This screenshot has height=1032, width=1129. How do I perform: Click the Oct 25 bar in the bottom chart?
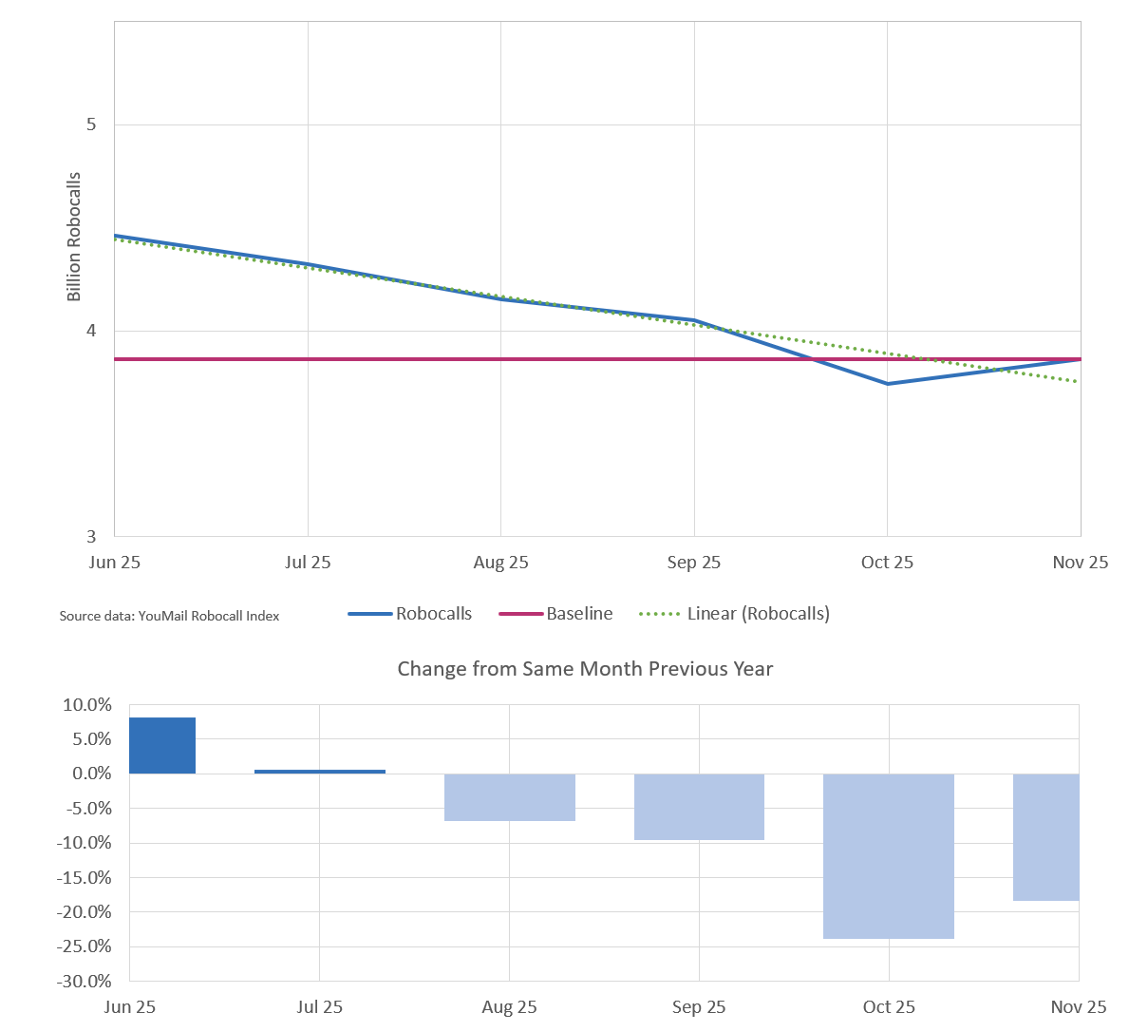pyautogui.click(x=888, y=856)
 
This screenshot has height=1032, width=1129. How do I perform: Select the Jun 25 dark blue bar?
pyautogui.click(x=162, y=746)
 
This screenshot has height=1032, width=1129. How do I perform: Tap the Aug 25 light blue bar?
pyautogui.click(x=510, y=797)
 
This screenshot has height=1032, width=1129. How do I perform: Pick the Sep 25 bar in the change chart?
pyautogui.click(x=699, y=807)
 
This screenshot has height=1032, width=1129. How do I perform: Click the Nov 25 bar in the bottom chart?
pyautogui.click(x=1045, y=837)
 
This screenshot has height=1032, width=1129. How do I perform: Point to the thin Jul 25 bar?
pyautogui.click(x=320, y=771)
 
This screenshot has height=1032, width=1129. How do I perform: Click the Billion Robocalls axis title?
pyautogui.click(x=74, y=237)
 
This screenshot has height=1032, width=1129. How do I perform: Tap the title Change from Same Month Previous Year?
pyautogui.click(x=585, y=669)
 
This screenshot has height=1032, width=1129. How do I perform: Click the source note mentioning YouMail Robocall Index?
pyautogui.click(x=169, y=616)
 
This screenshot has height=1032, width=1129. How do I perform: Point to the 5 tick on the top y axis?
pyautogui.click(x=91, y=124)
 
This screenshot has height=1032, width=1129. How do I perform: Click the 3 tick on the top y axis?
pyautogui.click(x=91, y=537)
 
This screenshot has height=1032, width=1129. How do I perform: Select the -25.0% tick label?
pyautogui.click(x=84, y=946)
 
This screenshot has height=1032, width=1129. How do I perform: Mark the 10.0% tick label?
pyautogui.click(x=86, y=705)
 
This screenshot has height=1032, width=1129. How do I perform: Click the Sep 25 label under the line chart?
pyautogui.click(x=693, y=563)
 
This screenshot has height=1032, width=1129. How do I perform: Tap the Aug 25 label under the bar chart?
pyautogui.click(x=509, y=1007)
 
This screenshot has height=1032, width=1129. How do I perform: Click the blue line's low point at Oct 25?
pyautogui.click(x=888, y=384)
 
